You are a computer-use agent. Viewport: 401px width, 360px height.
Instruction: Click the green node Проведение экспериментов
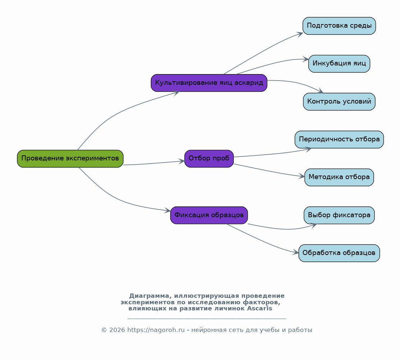(70, 159)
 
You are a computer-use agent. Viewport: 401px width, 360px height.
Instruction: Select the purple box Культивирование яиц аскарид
(209, 83)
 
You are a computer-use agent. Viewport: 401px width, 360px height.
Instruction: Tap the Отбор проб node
(209, 159)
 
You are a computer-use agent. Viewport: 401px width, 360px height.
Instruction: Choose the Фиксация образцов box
(209, 215)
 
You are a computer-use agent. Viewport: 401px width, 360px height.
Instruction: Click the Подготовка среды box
(339, 26)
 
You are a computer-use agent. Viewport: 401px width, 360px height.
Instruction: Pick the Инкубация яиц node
(339, 64)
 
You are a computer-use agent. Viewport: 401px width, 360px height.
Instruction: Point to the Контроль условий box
(339, 101)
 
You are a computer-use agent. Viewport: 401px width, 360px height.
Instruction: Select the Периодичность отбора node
(339, 140)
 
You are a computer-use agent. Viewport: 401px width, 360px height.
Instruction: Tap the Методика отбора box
(339, 177)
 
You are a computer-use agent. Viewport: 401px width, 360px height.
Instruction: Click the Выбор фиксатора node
(339, 215)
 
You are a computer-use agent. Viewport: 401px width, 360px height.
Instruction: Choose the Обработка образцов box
(339, 253)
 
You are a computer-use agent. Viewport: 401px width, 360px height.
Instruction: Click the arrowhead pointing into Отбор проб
(181, 161)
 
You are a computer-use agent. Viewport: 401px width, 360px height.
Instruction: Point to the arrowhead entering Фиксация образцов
(167, 211)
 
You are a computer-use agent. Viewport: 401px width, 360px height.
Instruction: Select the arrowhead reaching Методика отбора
(301, 176)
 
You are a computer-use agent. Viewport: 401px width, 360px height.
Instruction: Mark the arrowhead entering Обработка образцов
(296, 252)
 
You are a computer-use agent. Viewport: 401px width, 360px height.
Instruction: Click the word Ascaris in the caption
(260, 308)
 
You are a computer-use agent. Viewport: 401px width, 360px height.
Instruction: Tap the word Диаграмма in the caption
(149, 296)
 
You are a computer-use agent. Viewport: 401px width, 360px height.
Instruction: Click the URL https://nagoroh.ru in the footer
(156, 330)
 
